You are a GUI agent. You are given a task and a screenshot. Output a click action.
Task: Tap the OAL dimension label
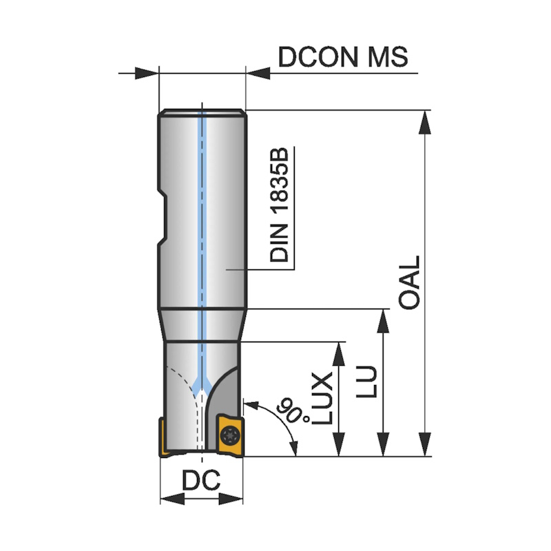click(409, 283)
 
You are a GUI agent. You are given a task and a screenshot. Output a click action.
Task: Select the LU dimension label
click(371, 382)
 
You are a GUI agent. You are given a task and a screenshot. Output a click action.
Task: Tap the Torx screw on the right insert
click(229, 434)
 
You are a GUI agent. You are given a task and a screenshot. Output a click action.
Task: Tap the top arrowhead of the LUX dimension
click(338, 351)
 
